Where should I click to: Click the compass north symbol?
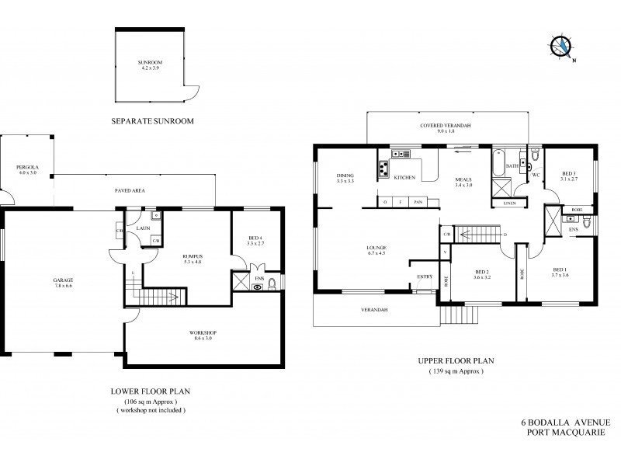click(x=561, y=47)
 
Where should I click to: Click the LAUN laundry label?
click(x=143, y=228)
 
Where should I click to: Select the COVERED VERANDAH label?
click(x=446, y=126)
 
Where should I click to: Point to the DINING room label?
click(x=345, y=176)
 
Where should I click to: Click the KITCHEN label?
click(x=405, y=178)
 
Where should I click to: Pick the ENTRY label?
click(x=425, y=276)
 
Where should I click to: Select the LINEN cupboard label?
click(x=509, y=203)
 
